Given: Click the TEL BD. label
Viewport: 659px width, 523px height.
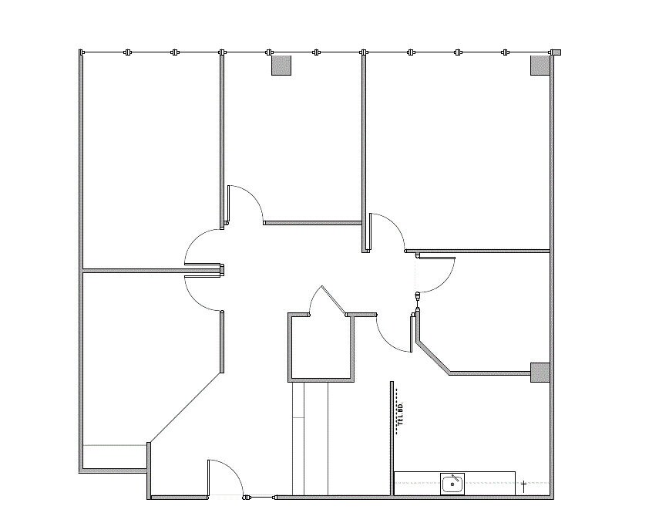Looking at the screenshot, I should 401,414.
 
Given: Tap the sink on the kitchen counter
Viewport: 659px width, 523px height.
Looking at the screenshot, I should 452,484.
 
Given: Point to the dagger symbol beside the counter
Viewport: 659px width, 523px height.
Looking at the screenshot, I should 524,485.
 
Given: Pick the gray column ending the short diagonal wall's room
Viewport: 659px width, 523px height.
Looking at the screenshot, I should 540,373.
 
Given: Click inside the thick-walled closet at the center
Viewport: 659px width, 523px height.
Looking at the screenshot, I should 321,347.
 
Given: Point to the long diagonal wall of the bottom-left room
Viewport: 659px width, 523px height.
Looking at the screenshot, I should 185,409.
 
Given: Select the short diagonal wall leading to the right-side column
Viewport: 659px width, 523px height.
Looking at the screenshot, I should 433,357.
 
